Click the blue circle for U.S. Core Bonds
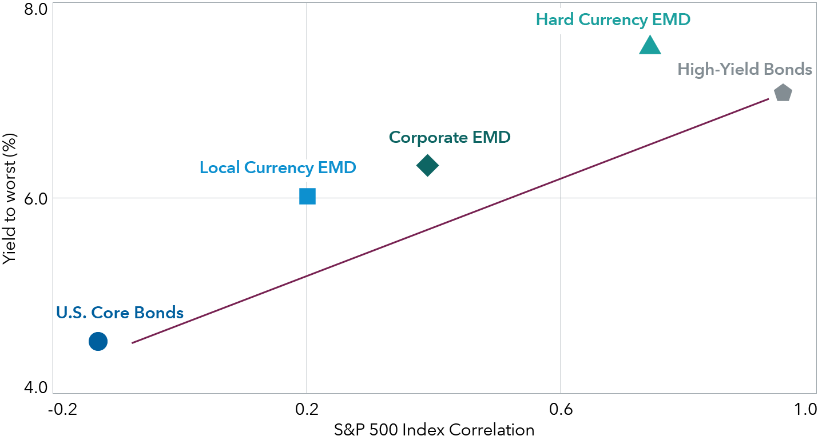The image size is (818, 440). pyautogui.click(x=98, y=342)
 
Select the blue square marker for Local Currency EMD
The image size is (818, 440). pyautogui.click(x=307, y=197)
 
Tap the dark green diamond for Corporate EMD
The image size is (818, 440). pyautogui.click(x=427, y=166)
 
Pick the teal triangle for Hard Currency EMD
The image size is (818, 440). pyautogui.click(x=650, y=46)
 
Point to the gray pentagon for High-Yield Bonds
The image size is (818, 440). pyautogui.click(x=783, y=93)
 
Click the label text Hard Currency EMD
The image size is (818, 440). pyautogui.click(x=613, y=19)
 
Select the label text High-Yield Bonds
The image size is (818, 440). pyautogui.click(x=744, y=70)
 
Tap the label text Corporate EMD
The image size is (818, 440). pyautogui.click(x=450, y=138)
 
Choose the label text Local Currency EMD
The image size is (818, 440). pyautogui.click(x=278, y=168)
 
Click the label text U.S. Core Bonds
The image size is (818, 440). pyautogui.click(x=120, y=313)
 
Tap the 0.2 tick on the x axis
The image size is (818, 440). pyautogui.click(x=307, y=409)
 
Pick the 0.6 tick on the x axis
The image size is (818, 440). pyautogui.click(x=561, y=409)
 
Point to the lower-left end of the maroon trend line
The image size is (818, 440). pyautogui.click(x=133, y=343)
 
